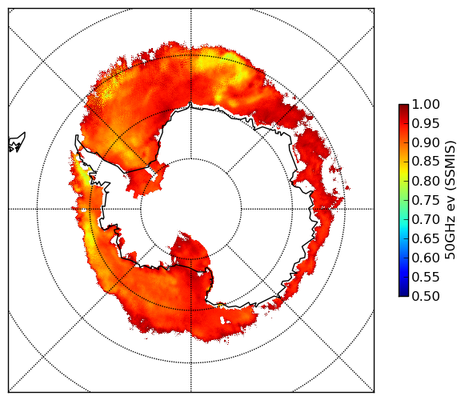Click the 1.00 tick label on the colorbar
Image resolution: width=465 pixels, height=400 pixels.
pos(426,104)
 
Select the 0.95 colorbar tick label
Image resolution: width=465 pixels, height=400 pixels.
pos(426,124)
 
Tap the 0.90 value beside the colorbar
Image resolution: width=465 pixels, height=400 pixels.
pos(426,142)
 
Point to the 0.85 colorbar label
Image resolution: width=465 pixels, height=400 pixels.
pos(426,162)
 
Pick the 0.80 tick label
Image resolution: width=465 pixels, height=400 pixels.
pos(426,181)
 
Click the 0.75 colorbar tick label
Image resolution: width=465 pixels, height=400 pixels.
pos(426,200)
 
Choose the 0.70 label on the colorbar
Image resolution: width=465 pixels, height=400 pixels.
pos(426,219)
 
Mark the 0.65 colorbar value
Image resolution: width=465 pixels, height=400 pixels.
pos(426,238)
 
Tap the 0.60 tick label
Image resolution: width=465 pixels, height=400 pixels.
pos(426,258)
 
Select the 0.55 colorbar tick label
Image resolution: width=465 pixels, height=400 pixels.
pos(426,277)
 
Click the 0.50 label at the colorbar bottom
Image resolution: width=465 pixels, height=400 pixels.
pos(426,296)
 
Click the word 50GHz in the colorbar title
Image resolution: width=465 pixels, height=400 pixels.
pos(451,242)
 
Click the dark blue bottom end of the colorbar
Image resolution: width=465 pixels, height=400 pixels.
pos(403,294)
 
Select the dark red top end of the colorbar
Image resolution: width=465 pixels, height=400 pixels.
pos(403,106)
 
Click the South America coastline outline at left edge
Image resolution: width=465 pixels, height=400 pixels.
pos(17,142)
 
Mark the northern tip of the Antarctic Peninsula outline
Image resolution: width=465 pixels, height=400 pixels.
pos(77,136)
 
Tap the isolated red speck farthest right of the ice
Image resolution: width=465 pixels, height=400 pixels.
pos(347,188)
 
